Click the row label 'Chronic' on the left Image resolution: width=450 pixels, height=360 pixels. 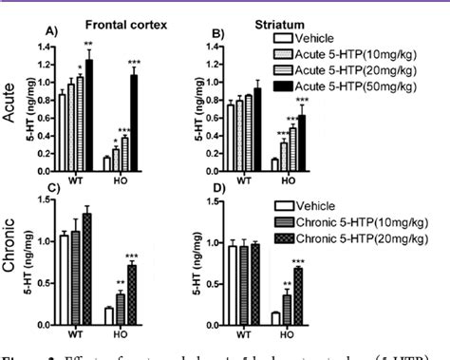click(10, 258)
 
